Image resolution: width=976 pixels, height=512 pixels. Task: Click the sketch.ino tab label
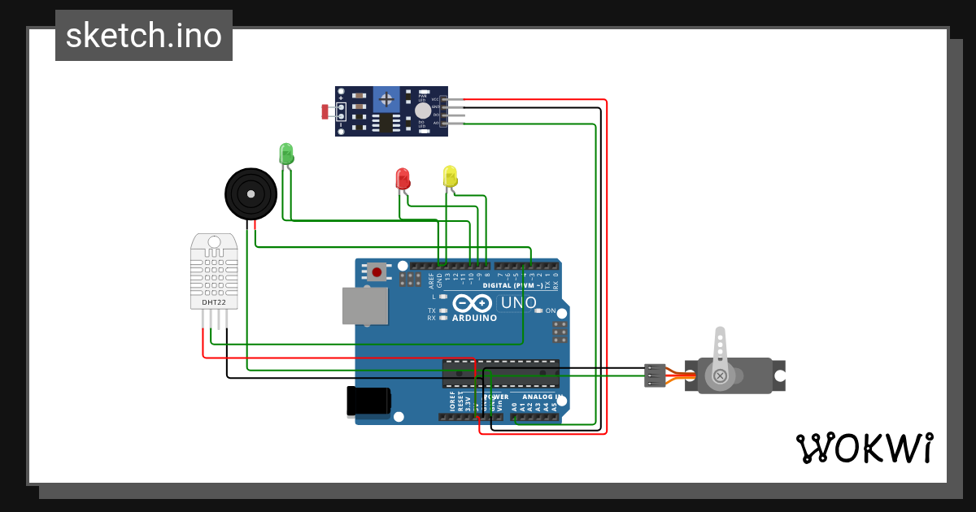[x=143, y=36]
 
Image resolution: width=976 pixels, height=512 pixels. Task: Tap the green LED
[x=285, y=154]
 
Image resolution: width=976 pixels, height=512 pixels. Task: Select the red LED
[x=402, y=179]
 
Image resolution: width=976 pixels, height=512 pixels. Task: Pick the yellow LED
[x=450, y=176]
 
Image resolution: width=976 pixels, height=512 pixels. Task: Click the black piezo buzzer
[x=251, y=193]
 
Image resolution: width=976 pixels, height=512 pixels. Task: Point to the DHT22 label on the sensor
[x=214, y=303]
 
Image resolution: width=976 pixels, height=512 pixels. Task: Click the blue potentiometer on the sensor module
[x=387, y=100]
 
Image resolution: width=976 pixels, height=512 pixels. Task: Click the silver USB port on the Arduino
[x=365, y=306]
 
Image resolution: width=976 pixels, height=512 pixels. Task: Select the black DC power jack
[x=368, y=402]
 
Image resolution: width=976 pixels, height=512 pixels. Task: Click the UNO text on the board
[x=518, y=303]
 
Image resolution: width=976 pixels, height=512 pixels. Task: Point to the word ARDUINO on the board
[x=474, y=318]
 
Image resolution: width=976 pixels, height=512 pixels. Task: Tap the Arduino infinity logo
[x=473, y=304]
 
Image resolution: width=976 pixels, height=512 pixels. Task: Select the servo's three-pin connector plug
[x=655, y=375]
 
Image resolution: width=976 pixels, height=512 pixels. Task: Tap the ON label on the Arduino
[x=551, y=311]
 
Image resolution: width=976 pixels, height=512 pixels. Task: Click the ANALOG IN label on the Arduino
[x=537, y=397]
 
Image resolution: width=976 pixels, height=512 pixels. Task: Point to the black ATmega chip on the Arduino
[x=500, y=373]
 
